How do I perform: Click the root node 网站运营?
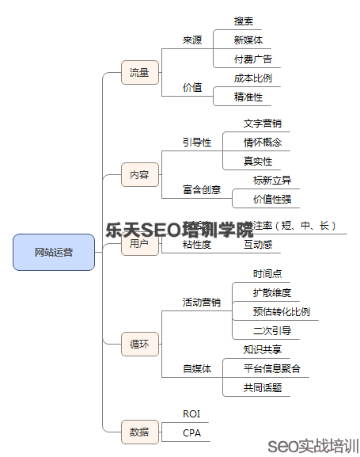54,252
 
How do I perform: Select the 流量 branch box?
139,73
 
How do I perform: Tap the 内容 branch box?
139,174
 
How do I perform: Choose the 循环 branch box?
139,344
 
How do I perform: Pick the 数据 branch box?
139,432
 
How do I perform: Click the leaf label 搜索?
244,21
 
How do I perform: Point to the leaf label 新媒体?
248,40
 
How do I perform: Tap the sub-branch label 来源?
192,40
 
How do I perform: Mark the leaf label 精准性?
248,97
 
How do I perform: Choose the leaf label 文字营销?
263,124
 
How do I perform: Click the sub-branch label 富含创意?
202,190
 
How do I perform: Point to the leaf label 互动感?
258,246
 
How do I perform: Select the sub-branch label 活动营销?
202,302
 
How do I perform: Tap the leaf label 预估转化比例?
282,311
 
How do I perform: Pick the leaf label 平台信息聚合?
272,368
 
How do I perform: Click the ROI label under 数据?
191,413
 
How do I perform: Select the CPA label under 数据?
191,432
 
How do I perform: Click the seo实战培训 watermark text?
313,444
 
